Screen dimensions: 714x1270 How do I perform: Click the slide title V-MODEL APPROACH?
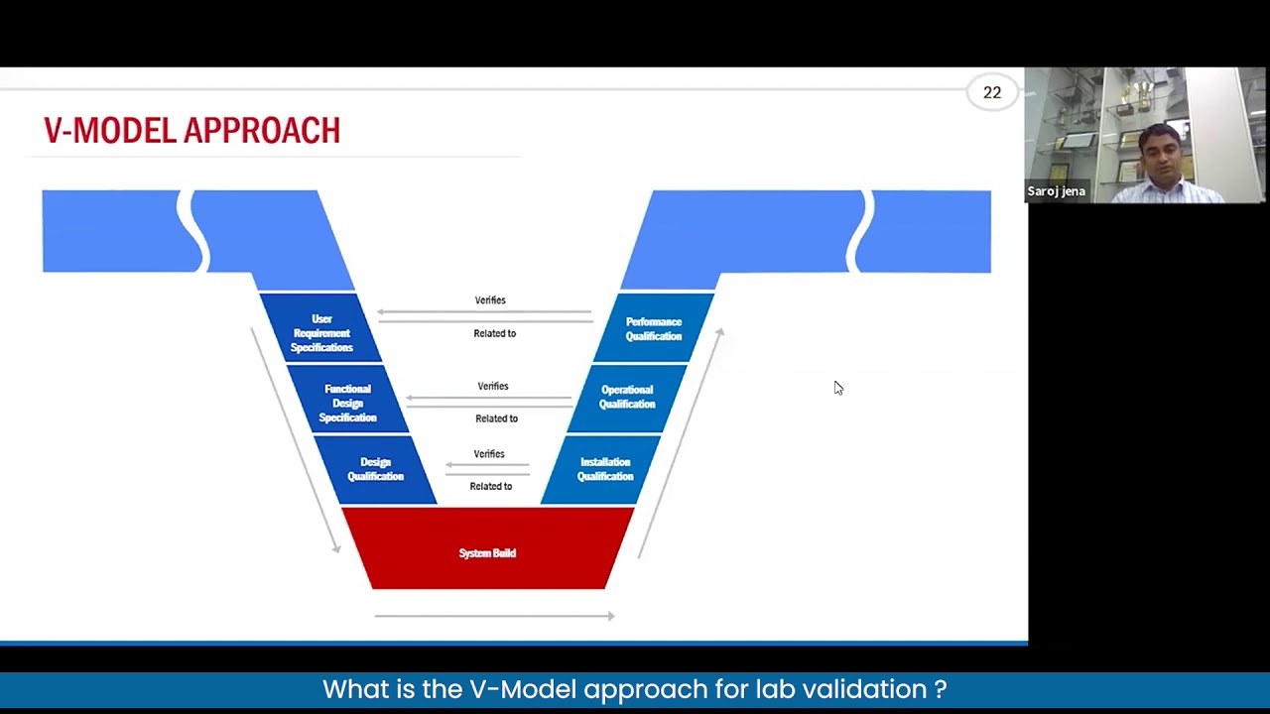coord(191,131)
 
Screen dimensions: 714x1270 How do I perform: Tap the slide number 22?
coord(991,92)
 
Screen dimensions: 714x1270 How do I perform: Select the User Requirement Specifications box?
coord(321,333)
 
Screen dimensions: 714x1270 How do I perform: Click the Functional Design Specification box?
coord(347,403)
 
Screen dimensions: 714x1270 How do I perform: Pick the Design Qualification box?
coord(375,469)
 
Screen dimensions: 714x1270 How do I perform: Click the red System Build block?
coord(487,552)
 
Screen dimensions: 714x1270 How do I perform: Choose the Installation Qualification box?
coord(605,469)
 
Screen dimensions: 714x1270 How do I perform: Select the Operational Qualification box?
coord(627,397)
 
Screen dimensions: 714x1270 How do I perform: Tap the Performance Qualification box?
coord(654,329)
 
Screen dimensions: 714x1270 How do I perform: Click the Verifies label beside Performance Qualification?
coord(490,300)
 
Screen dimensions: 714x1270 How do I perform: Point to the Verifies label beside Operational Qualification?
coord(493,387)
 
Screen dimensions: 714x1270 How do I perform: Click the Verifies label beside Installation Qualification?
coord(489,454)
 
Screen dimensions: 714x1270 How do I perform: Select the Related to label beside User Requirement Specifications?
coord(495,334)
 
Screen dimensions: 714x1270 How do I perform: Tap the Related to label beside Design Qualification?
coord(491,487)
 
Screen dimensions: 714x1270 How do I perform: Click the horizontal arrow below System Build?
coord(494,616)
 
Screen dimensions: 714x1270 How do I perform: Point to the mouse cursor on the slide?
coord(838,388)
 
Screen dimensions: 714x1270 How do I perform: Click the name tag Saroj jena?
coord(1056,191)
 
